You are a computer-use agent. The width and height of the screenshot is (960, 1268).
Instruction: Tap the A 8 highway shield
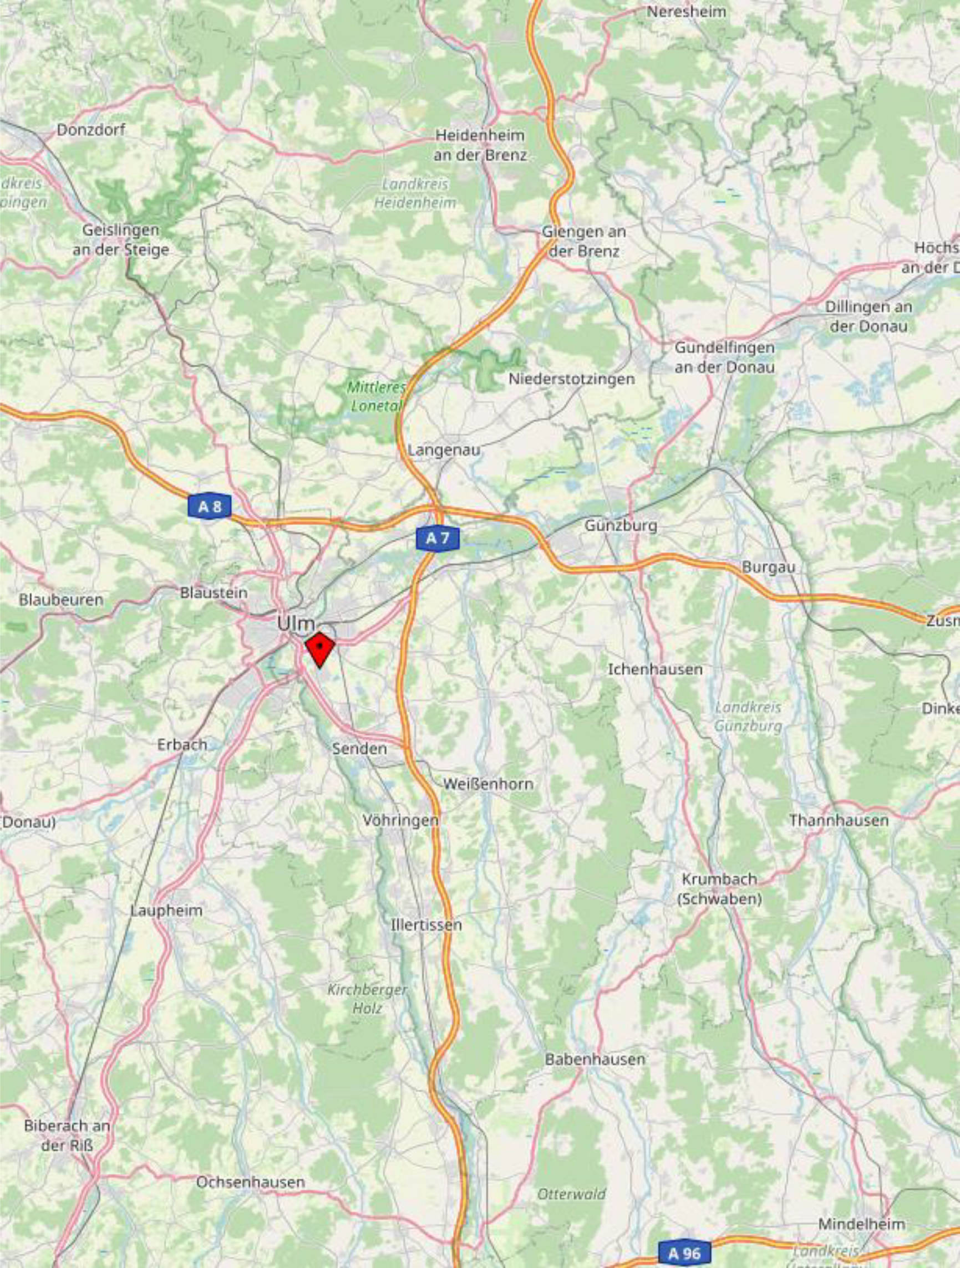[209, 506]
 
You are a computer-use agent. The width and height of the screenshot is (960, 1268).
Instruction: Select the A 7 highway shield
[438, 538]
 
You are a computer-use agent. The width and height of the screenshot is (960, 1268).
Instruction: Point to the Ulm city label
[296, 623]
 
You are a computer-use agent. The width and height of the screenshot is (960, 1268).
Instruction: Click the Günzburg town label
[621, 525]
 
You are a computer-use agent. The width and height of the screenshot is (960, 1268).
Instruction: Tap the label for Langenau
[444, 451]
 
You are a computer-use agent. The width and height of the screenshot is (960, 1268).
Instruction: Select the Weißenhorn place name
[489, 784]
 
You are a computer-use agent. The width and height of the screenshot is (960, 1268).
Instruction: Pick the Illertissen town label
[426, 924]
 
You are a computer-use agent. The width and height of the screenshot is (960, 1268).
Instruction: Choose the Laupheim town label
[166, 911]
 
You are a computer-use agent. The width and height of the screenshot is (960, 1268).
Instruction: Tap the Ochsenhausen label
[251, 1182]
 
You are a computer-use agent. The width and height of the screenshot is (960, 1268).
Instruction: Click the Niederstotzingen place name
[572, 379]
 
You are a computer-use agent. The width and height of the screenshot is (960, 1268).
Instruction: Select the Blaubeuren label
[62, 600]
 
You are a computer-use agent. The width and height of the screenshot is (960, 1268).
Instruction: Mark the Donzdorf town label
[91, 130]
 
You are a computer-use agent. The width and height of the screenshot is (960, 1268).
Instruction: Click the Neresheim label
[687, 12]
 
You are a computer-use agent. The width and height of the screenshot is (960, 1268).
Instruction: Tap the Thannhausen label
[839, 820]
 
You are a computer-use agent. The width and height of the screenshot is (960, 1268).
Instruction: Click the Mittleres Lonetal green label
[376, 397]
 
